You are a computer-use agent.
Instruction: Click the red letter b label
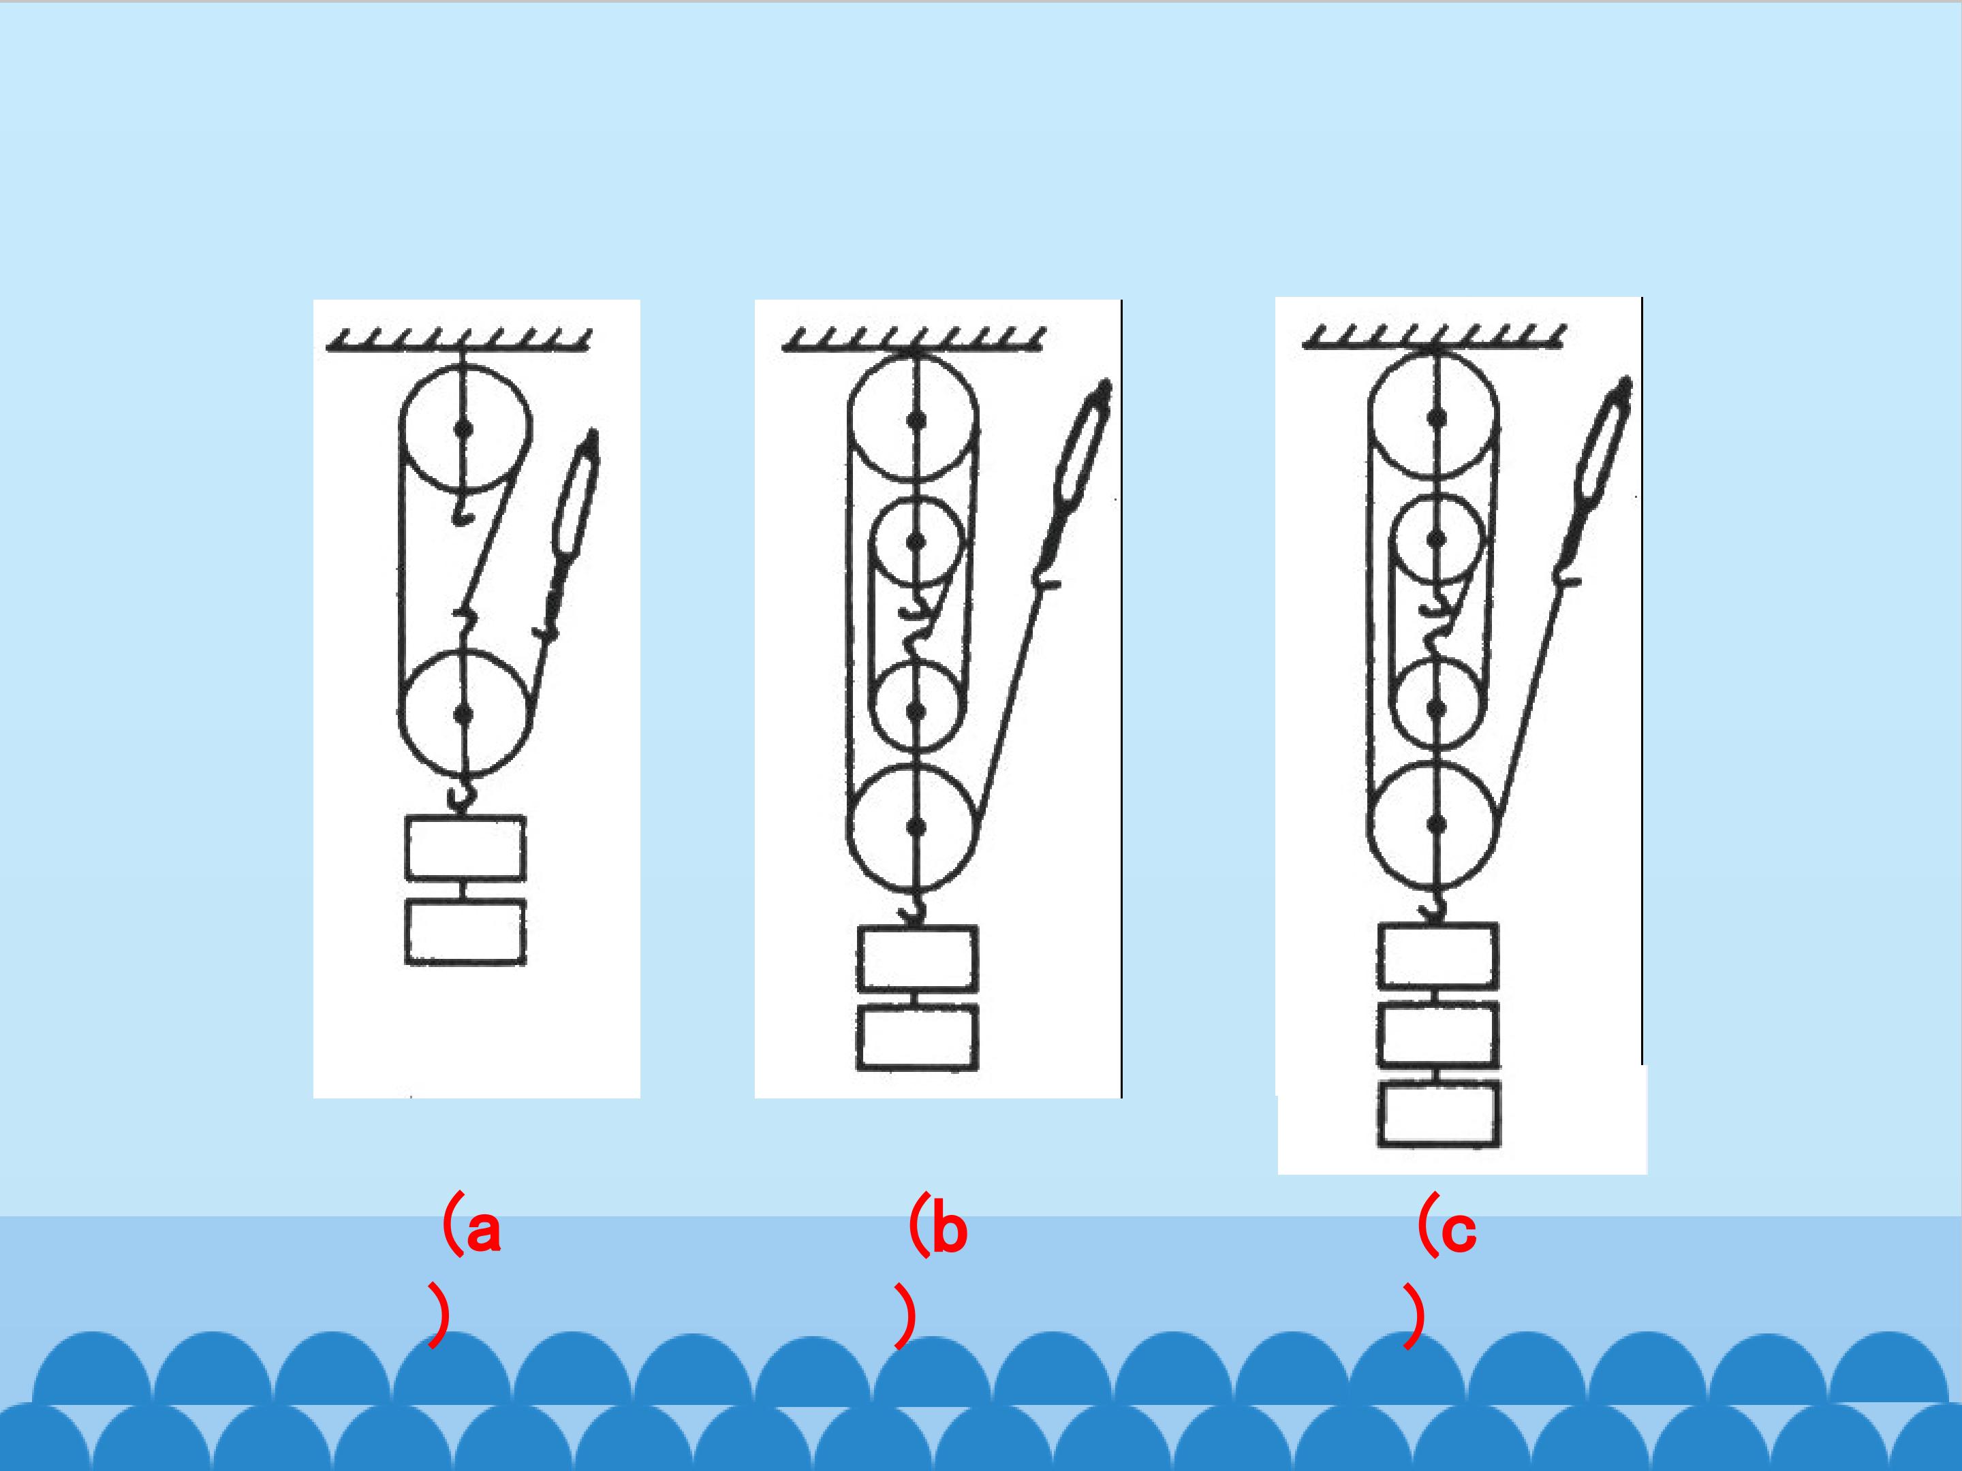pyautogui.click(x=950, y=1231)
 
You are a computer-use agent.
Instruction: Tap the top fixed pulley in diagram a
pyautogui.click(x=464, y=429)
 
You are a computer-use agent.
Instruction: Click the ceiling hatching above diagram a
pyautogui.click(x=458, y=341)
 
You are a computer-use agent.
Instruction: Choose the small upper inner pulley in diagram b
pyautogui.click(x=916, y=541)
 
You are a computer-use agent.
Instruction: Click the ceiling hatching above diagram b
pyautogui.click(x=914, y=341)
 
